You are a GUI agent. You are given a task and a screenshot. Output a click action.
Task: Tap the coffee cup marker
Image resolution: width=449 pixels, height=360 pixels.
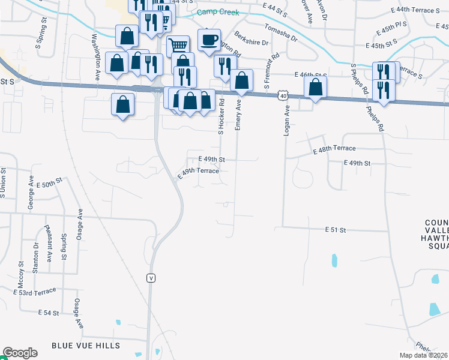(x=209, y=40)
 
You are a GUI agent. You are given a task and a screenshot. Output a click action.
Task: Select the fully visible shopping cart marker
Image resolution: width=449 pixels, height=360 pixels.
(x=178, y=45)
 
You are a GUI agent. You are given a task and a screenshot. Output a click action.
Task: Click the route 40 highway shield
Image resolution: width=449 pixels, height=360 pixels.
(x=282, y=95)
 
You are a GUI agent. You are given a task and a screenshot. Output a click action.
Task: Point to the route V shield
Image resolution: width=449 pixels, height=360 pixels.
(x=152, y=278)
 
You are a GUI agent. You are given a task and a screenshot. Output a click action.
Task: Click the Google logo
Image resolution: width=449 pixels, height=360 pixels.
(x=20, y=353)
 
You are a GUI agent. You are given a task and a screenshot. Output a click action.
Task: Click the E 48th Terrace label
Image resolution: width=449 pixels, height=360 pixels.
(x=334, y=149)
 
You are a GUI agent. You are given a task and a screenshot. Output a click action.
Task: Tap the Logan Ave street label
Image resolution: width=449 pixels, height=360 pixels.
(x=287, y=121)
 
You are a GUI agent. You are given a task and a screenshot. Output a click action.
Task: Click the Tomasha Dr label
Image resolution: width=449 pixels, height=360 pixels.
(x=280, y=34)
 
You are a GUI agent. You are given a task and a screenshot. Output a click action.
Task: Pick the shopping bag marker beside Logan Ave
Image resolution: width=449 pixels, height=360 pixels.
(x=315, y=87)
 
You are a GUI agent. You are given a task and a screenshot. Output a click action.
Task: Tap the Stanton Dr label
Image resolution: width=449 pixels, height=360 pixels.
(x=35, y=254)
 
